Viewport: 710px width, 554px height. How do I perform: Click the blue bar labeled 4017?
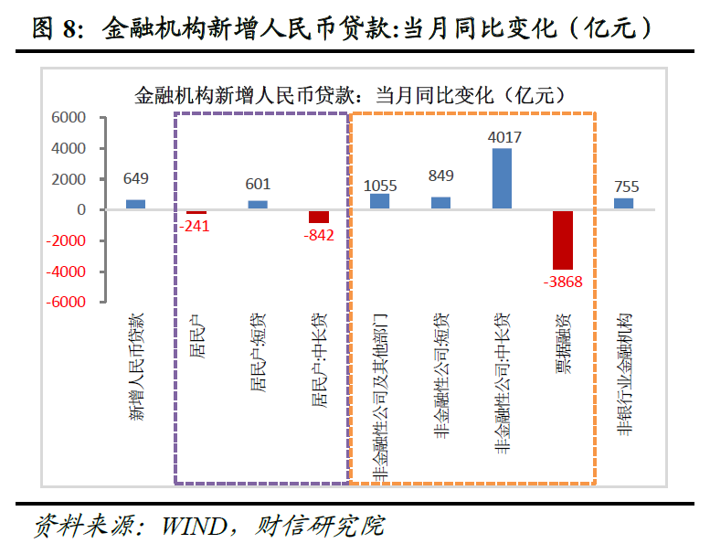point(502,179)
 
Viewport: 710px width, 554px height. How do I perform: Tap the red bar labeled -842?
point(319,217)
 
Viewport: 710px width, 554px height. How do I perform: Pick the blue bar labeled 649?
point(135,205)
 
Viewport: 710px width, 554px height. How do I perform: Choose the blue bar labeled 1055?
point(379,202)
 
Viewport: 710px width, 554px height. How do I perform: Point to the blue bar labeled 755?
point(624,204)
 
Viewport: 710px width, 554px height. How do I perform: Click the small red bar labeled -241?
point(196,212)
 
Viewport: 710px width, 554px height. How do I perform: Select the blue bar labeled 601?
point(258,205)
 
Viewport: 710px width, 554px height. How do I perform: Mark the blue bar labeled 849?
point(440,203)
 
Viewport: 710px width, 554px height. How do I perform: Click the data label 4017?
point(504,138)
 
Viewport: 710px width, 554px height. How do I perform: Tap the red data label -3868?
point(563,281)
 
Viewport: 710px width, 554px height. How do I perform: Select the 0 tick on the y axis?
point(81,210)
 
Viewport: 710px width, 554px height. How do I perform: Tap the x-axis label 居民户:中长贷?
point(319,360)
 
